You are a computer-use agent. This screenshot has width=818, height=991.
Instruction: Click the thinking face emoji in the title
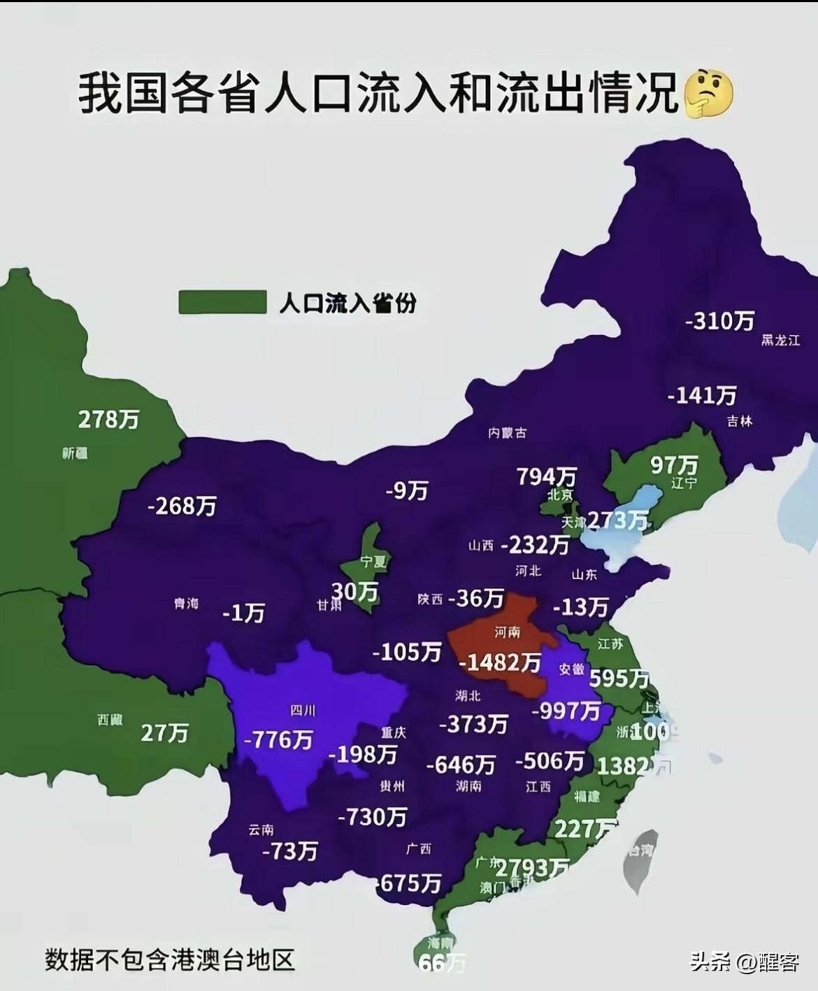tap(708, 93)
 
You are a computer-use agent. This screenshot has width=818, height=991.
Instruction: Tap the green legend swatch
tap(222, 302)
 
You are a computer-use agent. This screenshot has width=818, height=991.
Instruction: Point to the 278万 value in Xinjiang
tap(108, 420)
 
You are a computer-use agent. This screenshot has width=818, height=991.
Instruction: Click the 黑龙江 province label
tap(780, 341)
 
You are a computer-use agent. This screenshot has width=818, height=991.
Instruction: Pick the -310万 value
tap(720, 321)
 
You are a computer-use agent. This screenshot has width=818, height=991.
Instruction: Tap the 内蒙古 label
tap(507, 433)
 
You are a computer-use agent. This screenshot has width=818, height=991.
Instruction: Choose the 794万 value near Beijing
tap(547, 476)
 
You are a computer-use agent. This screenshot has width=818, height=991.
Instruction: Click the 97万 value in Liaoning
tap(675, 464)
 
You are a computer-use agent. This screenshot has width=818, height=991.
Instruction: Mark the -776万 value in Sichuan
tap(278, 739)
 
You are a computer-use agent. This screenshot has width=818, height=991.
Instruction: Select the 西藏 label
tap(110, 720)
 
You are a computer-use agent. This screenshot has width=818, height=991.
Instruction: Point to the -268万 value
tap(182, 506)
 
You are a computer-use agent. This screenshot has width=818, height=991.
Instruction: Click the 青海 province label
tap(187, 603)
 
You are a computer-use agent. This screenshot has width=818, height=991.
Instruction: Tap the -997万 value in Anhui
tap(566, 711)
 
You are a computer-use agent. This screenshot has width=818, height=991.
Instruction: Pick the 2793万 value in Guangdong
tap(532, 868)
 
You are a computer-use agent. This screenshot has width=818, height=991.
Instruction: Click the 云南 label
tap(261, 830)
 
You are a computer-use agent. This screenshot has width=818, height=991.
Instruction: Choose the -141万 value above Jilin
tap(702, 396)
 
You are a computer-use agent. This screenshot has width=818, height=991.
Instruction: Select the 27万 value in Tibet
tap(165, 733)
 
